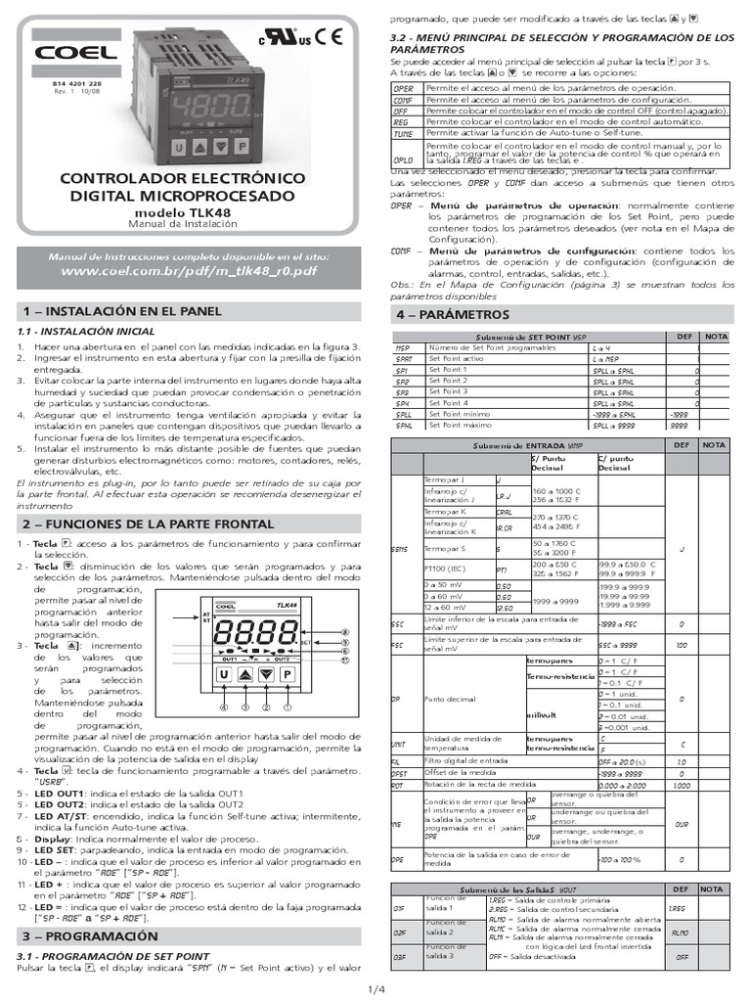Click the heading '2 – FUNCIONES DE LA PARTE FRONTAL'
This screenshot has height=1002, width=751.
coord(149,524)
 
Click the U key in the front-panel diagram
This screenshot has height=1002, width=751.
coord(223,674)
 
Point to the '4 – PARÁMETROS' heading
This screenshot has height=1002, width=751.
coord(453,315)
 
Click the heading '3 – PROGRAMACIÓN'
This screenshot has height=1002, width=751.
coord(91,936)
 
